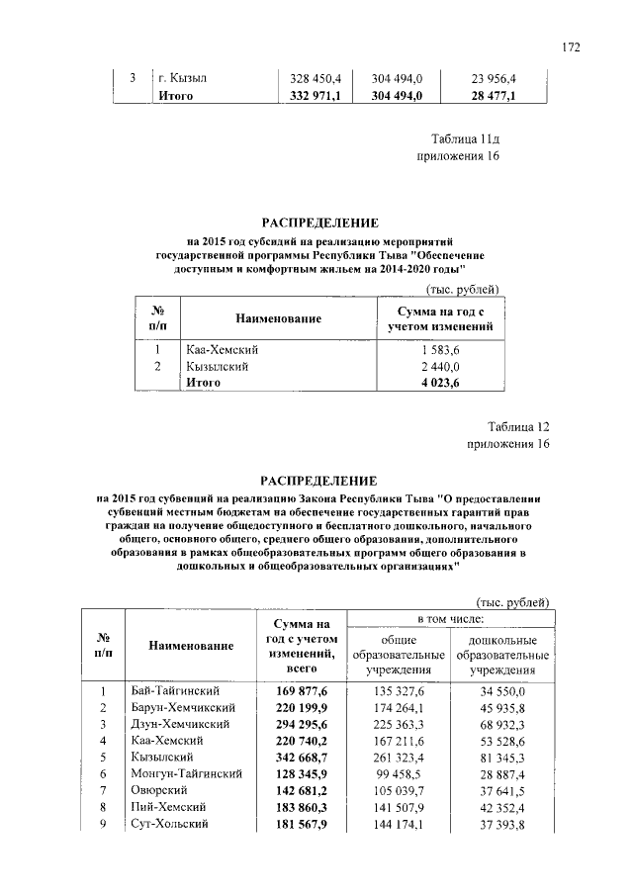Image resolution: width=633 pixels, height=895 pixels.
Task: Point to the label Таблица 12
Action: coord(517,426)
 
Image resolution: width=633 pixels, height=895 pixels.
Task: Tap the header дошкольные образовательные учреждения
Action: coord(503,655)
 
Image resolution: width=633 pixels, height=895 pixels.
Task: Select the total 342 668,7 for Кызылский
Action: coord(294,756)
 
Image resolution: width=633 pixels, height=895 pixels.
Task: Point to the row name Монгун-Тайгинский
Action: coord(187,772)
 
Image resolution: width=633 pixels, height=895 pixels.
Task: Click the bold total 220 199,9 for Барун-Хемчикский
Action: coord(294,707)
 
